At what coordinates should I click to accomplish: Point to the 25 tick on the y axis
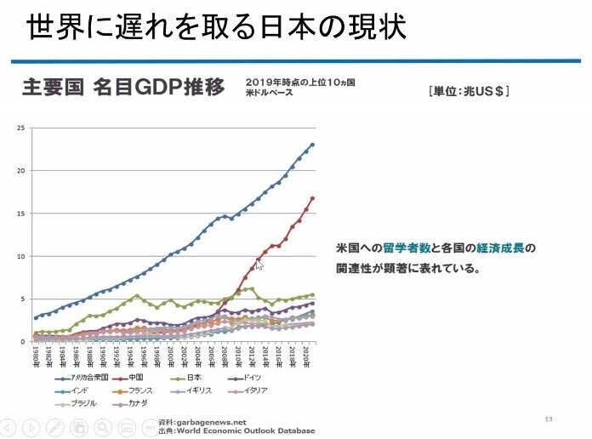click(22, 128)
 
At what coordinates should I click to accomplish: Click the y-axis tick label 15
click(22, 214)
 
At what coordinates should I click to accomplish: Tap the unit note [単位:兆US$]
click(463, 90)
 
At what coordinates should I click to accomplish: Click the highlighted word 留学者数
click(406, 248)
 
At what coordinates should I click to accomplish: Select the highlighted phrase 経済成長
click(498, 248)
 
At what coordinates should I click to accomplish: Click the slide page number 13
click(549, 419)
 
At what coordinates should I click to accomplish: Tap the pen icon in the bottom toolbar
click(55, 427)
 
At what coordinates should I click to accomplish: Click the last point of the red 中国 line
click(312, 198)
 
